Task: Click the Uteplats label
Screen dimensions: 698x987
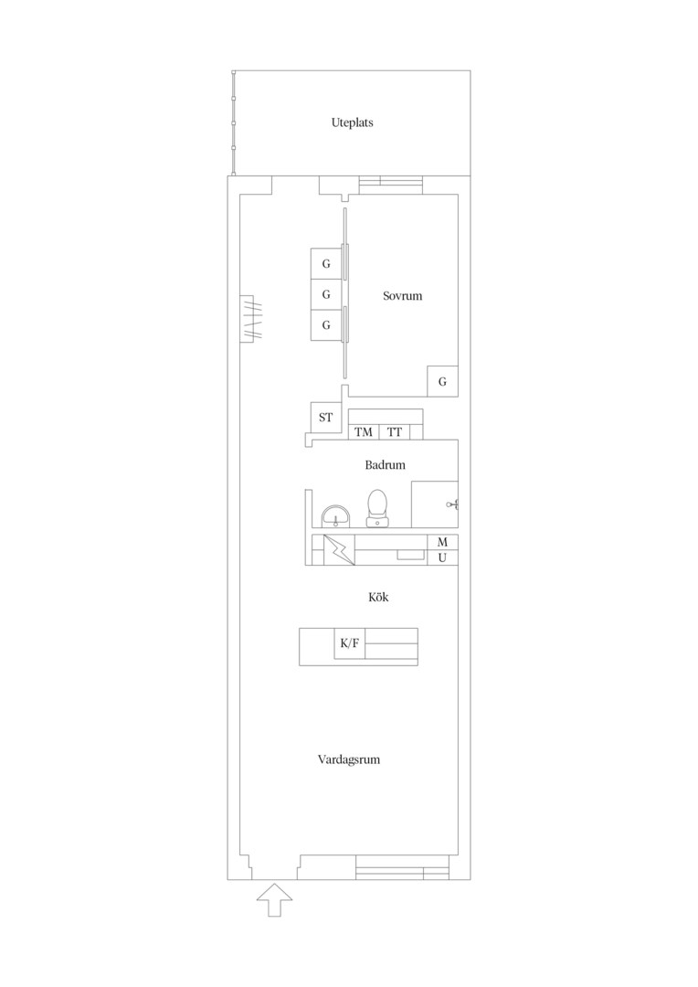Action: [x=352, y=122]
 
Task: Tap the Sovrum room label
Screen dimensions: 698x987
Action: [x=402, y=295]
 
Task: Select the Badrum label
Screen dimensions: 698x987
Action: [x=385, y=465]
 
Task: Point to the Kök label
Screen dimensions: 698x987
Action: [x=378, y=597]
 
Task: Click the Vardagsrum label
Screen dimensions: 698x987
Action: [x=349, y=759]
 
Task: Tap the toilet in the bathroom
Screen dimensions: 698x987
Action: [x=377, y=507]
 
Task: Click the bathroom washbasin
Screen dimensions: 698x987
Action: [x=334, y=515]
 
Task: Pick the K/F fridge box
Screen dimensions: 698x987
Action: [x=349, y=643]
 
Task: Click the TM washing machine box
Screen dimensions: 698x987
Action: [x=364, y=431]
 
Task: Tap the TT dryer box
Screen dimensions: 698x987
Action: [x=395, y=431]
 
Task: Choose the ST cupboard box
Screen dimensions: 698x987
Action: [x=326, y=418]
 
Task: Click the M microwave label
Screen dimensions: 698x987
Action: [x=442, y=542]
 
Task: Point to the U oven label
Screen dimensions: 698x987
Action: [x=442, y=557]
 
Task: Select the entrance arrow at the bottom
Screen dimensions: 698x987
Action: [x=274, y=899]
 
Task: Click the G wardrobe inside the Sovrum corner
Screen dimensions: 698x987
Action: [x=442, y=381]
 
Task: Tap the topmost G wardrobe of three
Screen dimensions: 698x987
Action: [x=326, y=264]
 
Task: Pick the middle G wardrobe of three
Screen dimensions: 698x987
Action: [x=326, y=294]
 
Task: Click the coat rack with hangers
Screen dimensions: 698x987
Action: [x=250, y=319]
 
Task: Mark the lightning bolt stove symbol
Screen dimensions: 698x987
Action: [x=339, y=550]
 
